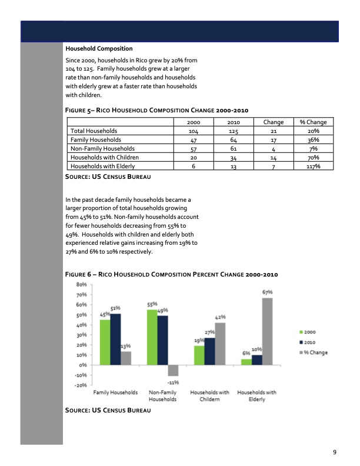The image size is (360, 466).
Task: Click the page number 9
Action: coord(334,452)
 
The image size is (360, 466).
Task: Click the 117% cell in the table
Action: coord(313,166)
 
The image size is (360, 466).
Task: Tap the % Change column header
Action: coord(313,122)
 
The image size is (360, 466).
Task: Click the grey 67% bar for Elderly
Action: coord(267,331)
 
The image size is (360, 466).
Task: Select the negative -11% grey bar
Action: coord(173,370)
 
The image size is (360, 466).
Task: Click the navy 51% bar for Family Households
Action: coord(115,339)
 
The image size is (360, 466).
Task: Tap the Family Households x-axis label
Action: coord(115,392)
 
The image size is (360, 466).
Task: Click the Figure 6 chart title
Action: coord(171,274)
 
